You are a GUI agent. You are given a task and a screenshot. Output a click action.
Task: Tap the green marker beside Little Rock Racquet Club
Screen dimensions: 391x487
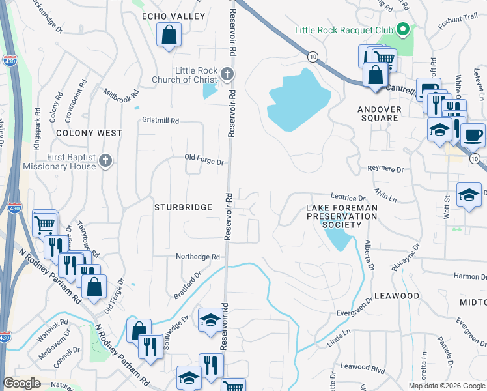point(403,29)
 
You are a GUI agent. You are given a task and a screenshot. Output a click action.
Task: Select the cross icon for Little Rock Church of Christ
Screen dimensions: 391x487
point(226,74)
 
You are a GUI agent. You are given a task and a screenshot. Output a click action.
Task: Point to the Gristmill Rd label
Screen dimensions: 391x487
point(160,121)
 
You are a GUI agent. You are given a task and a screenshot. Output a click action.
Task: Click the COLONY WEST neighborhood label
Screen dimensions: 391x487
point(89,133)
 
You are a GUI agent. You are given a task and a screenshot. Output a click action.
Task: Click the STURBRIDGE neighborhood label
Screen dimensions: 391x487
point(183,207)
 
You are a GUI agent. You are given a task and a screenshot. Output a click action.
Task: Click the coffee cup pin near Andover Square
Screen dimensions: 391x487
point(473,135)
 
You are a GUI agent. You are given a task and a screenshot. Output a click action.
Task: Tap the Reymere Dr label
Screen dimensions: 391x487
point(385,169)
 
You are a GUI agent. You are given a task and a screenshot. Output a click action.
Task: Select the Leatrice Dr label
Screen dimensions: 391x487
point(348,197)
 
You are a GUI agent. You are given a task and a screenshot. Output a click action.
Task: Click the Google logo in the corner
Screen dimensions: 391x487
point(21,383)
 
